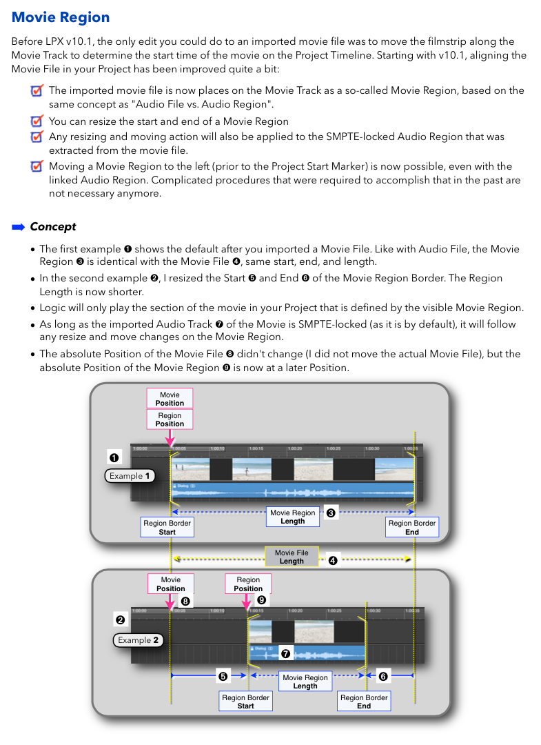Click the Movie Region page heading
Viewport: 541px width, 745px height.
pos(61,18)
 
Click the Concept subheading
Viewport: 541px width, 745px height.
pos(53,226)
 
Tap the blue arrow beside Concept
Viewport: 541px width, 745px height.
pos(19,226)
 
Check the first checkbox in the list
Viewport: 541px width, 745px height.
pos(37,90)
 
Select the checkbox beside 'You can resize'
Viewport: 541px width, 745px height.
pos(37,121)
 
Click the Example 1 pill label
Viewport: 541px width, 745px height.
pos(130,476)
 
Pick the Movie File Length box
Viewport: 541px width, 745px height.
pos(292,557)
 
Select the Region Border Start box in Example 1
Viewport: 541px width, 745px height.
pos(167,528)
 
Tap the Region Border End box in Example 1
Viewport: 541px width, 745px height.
pos(412,528)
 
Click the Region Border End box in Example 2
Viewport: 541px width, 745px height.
pos(364,702)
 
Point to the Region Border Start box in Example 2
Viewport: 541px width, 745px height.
pos(246,702)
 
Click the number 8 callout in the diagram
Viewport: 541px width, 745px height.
pos(185,602)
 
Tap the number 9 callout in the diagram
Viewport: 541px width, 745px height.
pos(261,600)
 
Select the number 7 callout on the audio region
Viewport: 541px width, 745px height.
pos(286,653)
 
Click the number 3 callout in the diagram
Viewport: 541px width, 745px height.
pos(331,514)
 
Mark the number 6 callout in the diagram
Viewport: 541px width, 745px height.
pos(383,676)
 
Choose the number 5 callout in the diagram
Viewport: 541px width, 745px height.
pos(223,676)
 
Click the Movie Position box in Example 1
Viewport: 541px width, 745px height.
pos(170,399)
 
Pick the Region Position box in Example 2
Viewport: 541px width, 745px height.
pos(248,584)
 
